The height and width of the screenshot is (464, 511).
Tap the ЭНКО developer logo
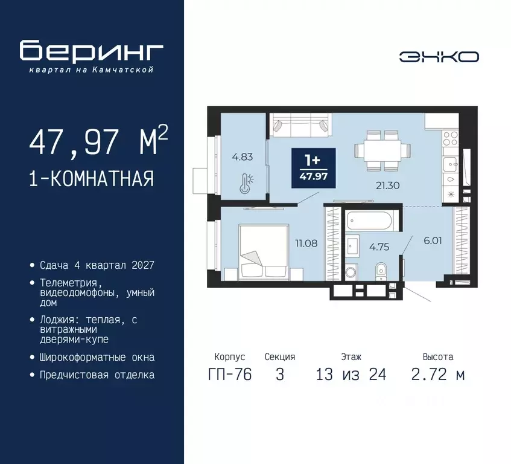439,57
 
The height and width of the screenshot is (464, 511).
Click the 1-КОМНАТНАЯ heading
91,179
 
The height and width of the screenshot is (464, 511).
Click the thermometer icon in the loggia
245,183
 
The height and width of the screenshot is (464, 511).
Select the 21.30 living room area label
387,185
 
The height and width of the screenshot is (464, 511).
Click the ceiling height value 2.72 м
438,375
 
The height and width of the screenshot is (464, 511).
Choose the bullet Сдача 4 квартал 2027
97,265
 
